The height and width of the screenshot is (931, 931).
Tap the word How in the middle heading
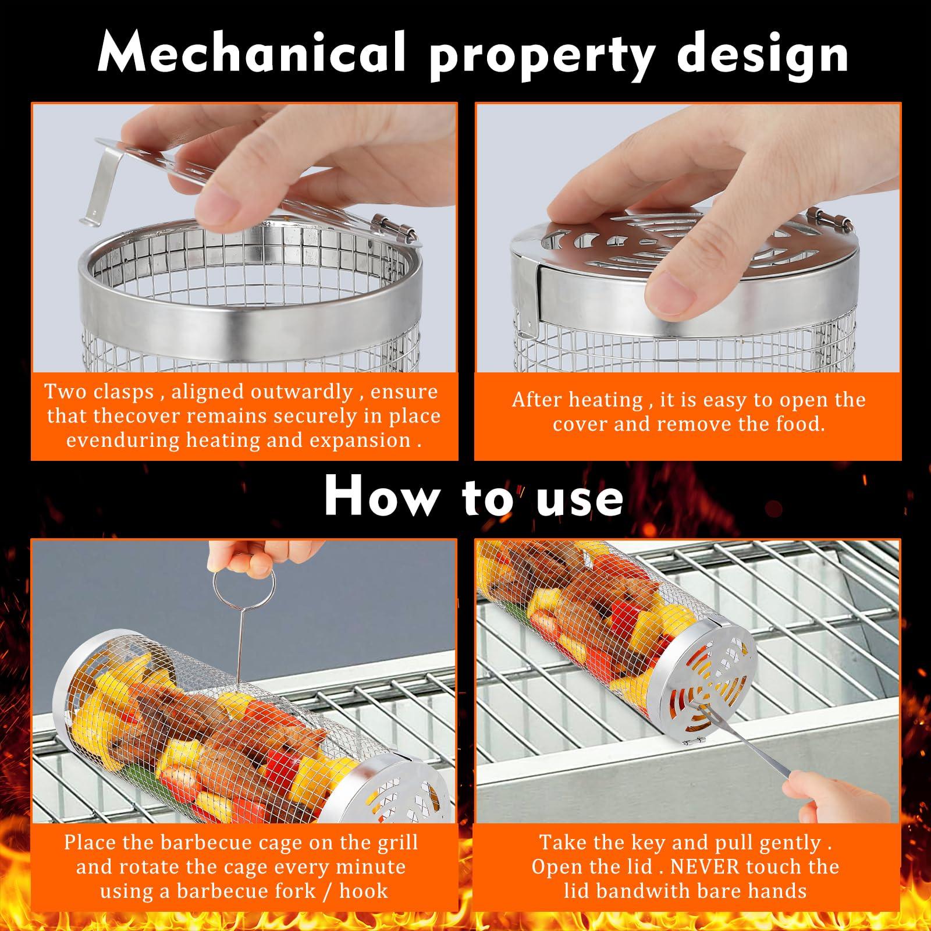click(x=381, y=496)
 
